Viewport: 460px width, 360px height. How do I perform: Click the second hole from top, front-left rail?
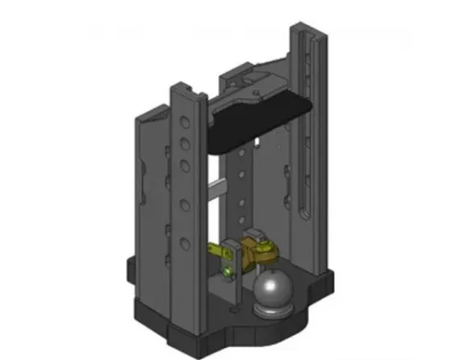click(x=185, y=144)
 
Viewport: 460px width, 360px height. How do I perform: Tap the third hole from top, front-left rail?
click(x=184, y=165)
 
